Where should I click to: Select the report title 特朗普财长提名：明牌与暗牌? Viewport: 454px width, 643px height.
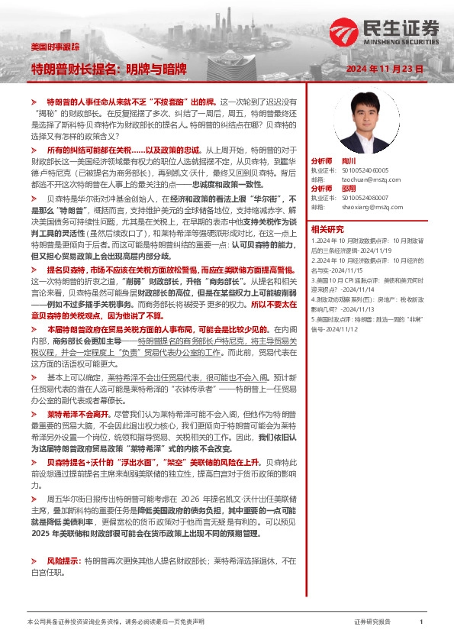pos(108,69)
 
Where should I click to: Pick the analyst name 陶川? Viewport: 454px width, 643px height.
pos(347,162)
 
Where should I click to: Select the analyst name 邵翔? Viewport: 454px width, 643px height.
pos(347,187)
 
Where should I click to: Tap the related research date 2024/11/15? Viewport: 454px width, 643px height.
pos(336,271)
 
